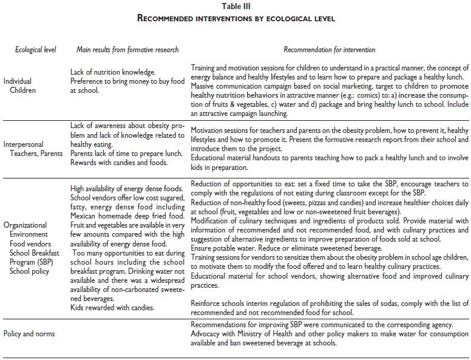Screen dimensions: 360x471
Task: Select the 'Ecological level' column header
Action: [36, 49]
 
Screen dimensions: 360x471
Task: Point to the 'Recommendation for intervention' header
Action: [330, 49]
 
